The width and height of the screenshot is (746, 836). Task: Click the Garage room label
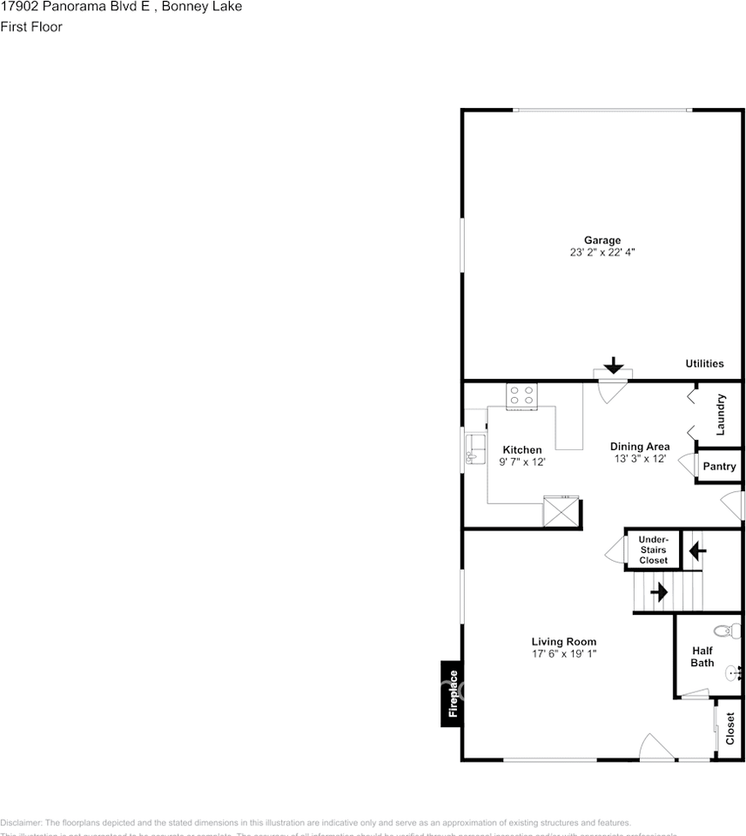click(x=602, y=240)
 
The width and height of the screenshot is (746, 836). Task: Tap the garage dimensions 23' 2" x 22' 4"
click(x=602, y=253)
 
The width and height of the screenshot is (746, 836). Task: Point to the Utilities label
click(x=704, y=364)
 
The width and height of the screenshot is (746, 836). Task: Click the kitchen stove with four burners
click(x=522, y=396)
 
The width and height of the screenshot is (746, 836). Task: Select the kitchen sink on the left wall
click(x=474, y=448)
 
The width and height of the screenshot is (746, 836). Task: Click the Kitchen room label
click(x=522, y=450)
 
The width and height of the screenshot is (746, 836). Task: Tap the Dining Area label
click(x=640, y=447)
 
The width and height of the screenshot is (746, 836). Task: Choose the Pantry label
click(x=719, y=467)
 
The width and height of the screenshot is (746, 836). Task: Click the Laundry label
click(x=721, y=415)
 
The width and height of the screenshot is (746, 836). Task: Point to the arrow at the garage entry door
click(x=613, y=365)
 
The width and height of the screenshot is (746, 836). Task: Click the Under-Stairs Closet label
click(x=654, y=549)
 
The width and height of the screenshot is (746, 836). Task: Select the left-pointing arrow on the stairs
click(x=696, y=550)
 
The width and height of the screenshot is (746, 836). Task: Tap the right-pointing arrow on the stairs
click(x=659, y=592)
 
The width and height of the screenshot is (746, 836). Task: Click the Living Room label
click(x=564, y=642)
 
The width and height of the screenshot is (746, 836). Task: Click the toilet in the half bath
click(x=722, y=630)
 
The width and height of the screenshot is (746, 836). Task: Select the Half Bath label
click(x=702, y=657)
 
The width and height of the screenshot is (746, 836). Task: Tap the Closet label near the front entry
click(x=730, y=729)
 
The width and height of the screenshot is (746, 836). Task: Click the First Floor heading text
click(x=31, y=27)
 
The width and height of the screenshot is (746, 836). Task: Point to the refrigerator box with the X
click(x=560, y=510)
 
